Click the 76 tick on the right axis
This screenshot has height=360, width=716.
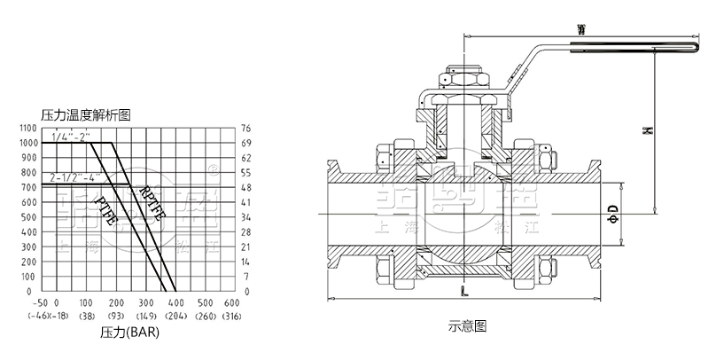(x=247, y=129)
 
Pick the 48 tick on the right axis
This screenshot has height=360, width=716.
(x=247, y=187)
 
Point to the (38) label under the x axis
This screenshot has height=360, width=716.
(x=87, y=316)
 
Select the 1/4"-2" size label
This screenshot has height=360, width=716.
(x=70, y=137)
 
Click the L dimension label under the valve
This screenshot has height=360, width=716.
(x=465, y=290)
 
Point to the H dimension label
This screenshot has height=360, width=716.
(x=647, y=131)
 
